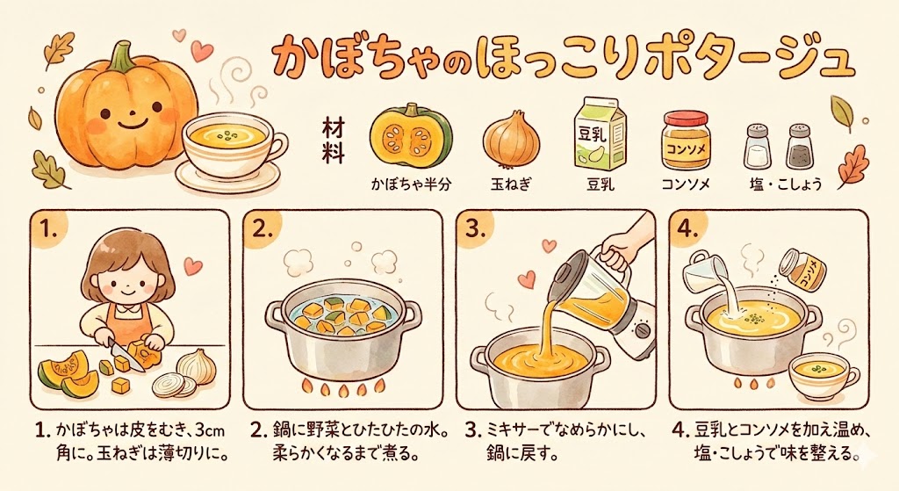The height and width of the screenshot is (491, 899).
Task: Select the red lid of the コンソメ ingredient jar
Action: [x=687, y=118]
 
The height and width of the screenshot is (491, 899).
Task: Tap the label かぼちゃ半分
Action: [x=411, y=184]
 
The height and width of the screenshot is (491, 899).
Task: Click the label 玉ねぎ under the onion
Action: [x=512, y=184]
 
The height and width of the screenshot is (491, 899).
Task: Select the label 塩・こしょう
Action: [x=786, y=184]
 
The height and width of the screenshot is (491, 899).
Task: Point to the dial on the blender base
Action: [x=644, y=331]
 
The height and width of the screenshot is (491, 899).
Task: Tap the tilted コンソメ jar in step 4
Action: [x=805, y=268]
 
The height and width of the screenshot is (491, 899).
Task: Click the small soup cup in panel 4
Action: [x=823, y=374]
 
